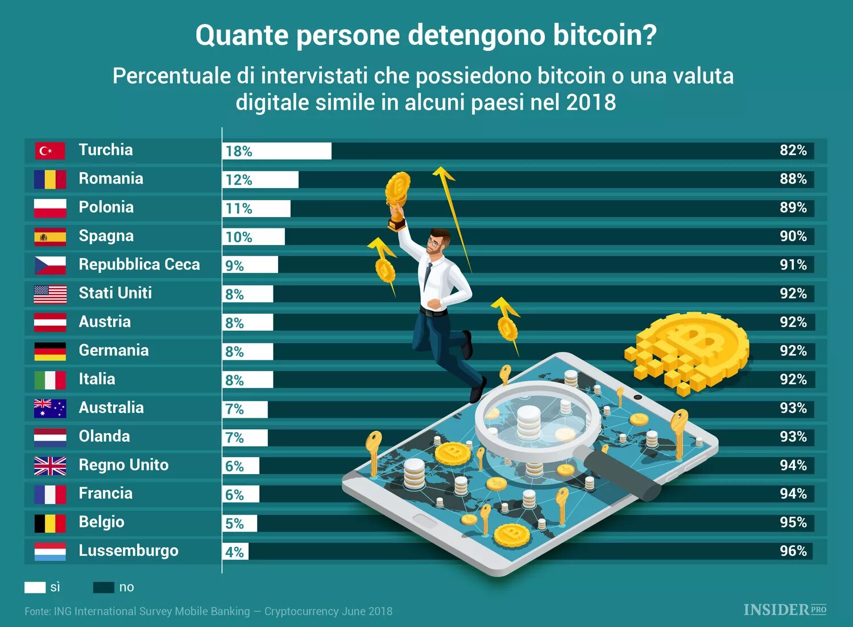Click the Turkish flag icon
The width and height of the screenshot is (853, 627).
(x=50, y=151)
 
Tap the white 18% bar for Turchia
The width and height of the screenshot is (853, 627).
(x=277, y=151)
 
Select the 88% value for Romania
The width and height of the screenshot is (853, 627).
(x=793, y=179)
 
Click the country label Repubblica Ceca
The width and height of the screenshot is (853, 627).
(x=139, y=265)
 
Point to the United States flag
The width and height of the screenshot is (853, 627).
(x=50, y=294)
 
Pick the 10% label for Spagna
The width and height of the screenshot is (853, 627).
(x=239, y=237)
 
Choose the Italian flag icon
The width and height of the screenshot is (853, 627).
(x=50, y=380)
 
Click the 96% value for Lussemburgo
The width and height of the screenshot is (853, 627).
(x=793, y=551)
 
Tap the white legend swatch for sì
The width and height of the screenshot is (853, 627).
(x=35, y=587)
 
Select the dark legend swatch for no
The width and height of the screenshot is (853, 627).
(x=103, y=587)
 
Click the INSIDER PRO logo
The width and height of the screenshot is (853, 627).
(x=785, y=610)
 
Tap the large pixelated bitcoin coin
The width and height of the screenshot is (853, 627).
(x=694, y=350)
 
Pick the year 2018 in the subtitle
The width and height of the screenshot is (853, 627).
(x=591, y=103)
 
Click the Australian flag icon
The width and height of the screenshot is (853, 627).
(x=50, y=408)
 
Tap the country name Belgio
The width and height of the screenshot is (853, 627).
(x=101, y=522)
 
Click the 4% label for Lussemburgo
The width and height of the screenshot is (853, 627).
(x=234, y=552)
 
